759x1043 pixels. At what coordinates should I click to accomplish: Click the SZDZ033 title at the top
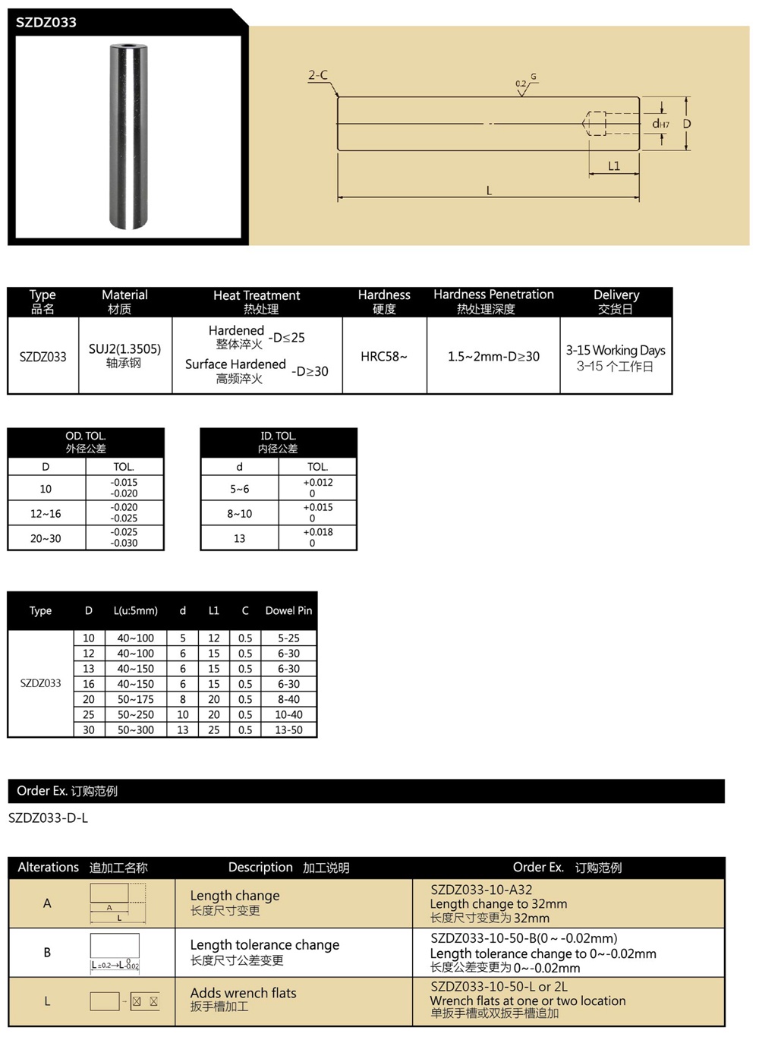pyautogui.click(x=46, y=22)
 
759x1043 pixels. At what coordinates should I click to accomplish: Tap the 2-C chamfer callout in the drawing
pyautogui.click(x=318, y=75)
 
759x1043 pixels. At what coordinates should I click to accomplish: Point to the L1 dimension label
pyautogui.click(x=614, y=165)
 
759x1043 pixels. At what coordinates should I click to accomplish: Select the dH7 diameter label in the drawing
pyautogui.click(x=660, y=124)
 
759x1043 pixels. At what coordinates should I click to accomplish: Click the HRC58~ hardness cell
pyautogui.click(x=384, y=356)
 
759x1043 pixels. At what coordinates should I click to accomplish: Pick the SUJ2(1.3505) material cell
pyautogui.click(x=124, y=349)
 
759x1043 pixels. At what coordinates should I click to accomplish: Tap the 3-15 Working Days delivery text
pyautogui.click(x=616, y=350)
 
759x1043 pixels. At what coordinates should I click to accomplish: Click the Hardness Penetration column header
pyautogui.click(x=493, y=295)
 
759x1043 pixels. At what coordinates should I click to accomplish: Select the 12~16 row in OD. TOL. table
pyautogui.click(x=46, y=514)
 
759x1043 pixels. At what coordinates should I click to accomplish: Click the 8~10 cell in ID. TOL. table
pyautogui.click(x=239, y=514)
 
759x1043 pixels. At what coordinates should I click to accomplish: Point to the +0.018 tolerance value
pyautogui.click(x=318, y=532)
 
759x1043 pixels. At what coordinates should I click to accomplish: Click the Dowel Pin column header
pyautogui.click(x=288, y=610)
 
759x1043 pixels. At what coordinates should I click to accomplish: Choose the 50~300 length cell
pyautogui.click(x=135, y=729)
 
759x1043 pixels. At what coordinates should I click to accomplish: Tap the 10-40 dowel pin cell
pyautogui.click(x=288, y=714)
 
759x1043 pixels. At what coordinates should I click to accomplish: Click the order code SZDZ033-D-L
pyautogui.click(x=48, y=818)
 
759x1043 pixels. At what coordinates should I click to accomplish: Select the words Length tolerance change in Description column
pyautogui.click(x=264, y=945)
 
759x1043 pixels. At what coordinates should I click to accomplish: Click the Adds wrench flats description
pyautogui.click(x=243, y=993)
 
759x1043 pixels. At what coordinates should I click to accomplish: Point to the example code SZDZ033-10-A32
pyautogui.click(x=481, y=890)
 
